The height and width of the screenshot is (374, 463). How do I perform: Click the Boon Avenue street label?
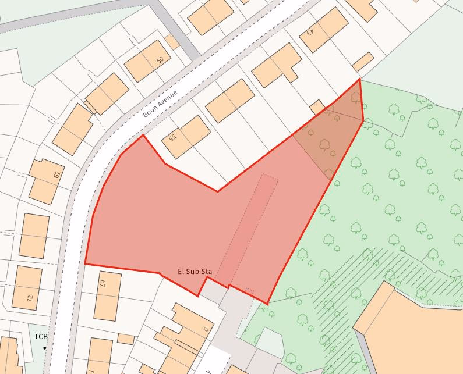click(160, 104)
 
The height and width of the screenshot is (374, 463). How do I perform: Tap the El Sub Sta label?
click(195, 272)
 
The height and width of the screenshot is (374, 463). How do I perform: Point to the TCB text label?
click(40, 337)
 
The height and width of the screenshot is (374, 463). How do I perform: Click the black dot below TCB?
click(44, 348)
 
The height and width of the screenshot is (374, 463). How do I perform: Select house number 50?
click(160, 60)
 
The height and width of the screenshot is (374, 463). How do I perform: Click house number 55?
click(172, 138)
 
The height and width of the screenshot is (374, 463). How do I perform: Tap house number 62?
click(57, 174)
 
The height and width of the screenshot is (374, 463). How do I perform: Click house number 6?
click(206, 329)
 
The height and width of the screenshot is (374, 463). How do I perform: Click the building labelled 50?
click(144, 60)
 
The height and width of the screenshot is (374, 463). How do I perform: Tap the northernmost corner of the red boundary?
click(359, 79)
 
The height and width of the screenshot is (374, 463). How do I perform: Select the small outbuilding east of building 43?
click(363, 62)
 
